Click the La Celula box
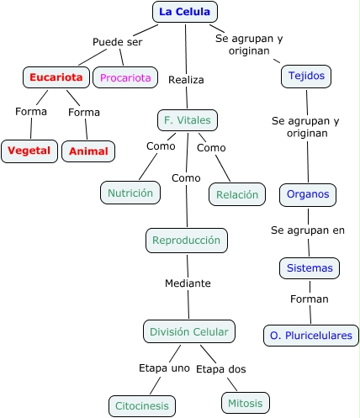[x=185, y=12]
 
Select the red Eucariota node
[x=56, y=77]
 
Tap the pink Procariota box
[x=125, y=77]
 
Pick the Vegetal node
[x=29, y=151]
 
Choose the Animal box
[x=88, y=151]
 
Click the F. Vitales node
[x=188, y=120]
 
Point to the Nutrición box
[x=130, y=193]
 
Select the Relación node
[x=237, y=194]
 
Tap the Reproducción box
[x=187, y=241]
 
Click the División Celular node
[x=189, y=331]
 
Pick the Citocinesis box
[x=142, y=406]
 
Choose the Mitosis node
[x=246, y=403]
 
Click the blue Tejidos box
[x=306, y=77]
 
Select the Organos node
[x=308, y=195]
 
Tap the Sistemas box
[x=310, y=268]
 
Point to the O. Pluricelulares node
[x=311, y=336]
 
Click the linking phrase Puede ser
[x=118, y=42]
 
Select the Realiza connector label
[x=186, y=80]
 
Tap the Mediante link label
[x=188, y=283]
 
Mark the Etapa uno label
[x=164, y=368]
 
